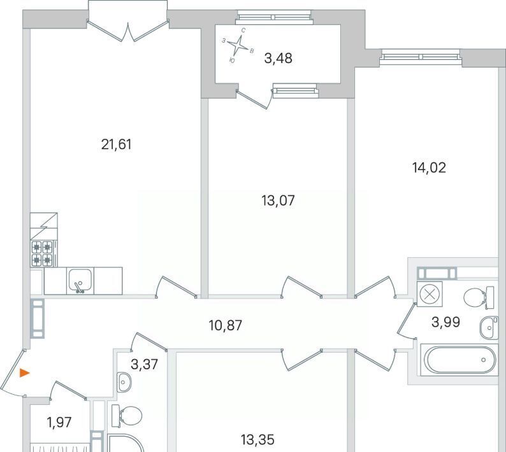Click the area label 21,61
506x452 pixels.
click(117, 145)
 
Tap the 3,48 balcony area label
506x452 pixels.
click(278, 59)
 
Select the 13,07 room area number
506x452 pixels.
click(278, 201)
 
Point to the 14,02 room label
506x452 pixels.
click(429, 167)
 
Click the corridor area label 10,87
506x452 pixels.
click(225, 325)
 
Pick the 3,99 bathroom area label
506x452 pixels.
click(445, 321)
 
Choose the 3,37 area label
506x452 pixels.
click(144, 365)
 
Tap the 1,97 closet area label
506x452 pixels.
click(59, 422)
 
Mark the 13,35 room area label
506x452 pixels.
click(257, 439)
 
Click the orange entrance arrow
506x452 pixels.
click(24, 373)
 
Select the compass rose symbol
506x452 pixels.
click(238, 45)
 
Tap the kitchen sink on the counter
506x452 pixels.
click(80, 281)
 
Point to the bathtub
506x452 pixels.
click(459, 360)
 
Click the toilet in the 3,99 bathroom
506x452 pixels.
click(479, 297)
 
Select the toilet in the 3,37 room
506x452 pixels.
click(127, 415)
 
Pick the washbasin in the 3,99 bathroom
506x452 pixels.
click(489, 328)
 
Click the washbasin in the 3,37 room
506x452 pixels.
click(123, 382)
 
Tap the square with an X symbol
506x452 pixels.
click(430, 294)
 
